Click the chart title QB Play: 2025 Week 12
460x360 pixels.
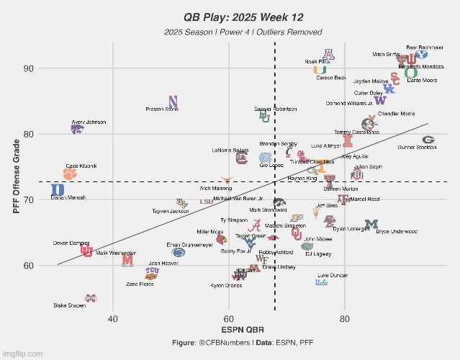pyautogui.click(x=242, y=16)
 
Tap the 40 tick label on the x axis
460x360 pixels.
pyautogui.click(x=113, y=318)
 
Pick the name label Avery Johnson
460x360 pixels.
pyautogui.click(x=89, y=122)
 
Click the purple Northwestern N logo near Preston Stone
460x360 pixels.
pyautogui.click(x=173, y=102)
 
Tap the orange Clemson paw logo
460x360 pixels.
pyautogui.click(x=69, y=174)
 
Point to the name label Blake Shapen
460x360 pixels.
pyautogui.click(x=69, y=305)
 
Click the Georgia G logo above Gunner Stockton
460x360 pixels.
pyautogui.click(x=428, y=140)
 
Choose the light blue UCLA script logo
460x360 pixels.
pyautogui.click(x=321, y=283)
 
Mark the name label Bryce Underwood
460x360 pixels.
pyautogui.click(x=397, y=232)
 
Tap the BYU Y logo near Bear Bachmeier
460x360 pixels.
pyautogui.click(x=422, y=53)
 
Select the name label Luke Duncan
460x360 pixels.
pyautogui.click(x=333, y=275)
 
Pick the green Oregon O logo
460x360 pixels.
pyautogui.click(x=410, y=72)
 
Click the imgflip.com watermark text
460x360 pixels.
pyautogui.click(x=23, y=354)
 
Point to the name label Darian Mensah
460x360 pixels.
pyautogui.click(x=69, y=197)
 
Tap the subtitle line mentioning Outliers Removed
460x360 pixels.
pyautogui.click(x=242, y=32)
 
